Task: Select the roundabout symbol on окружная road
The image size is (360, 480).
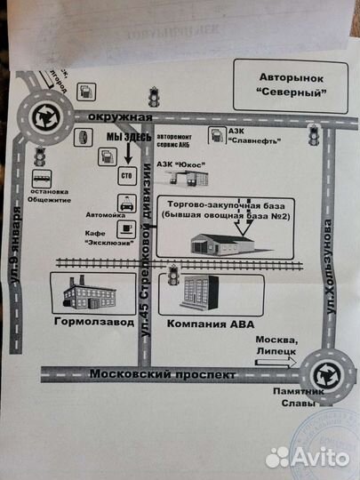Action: (43, 116)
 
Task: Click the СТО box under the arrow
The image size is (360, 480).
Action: (124, 176)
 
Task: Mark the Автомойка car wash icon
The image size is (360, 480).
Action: (128, 205)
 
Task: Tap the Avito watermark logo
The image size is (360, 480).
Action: (308, 457)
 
